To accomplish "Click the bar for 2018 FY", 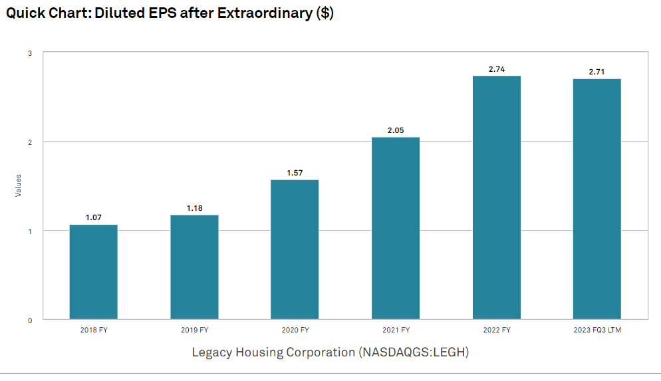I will coord(93,272).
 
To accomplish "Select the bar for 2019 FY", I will coord(194,267).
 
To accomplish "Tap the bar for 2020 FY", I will coord(295,249).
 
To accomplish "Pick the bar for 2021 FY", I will coord(396,228).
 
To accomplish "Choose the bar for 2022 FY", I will coord(496,197).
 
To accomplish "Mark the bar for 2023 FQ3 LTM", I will coord(597,199).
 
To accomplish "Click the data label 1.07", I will coord(93,217).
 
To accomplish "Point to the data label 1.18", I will coord(194,208).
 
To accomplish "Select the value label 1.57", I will coord(295,173).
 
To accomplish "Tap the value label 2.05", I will coord(396,130).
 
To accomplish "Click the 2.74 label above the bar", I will coord(496,69).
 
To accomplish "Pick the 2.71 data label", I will coord(597,72).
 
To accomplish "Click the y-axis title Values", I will coord(19,185).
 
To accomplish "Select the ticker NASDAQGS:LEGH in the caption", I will coord(414,352).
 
